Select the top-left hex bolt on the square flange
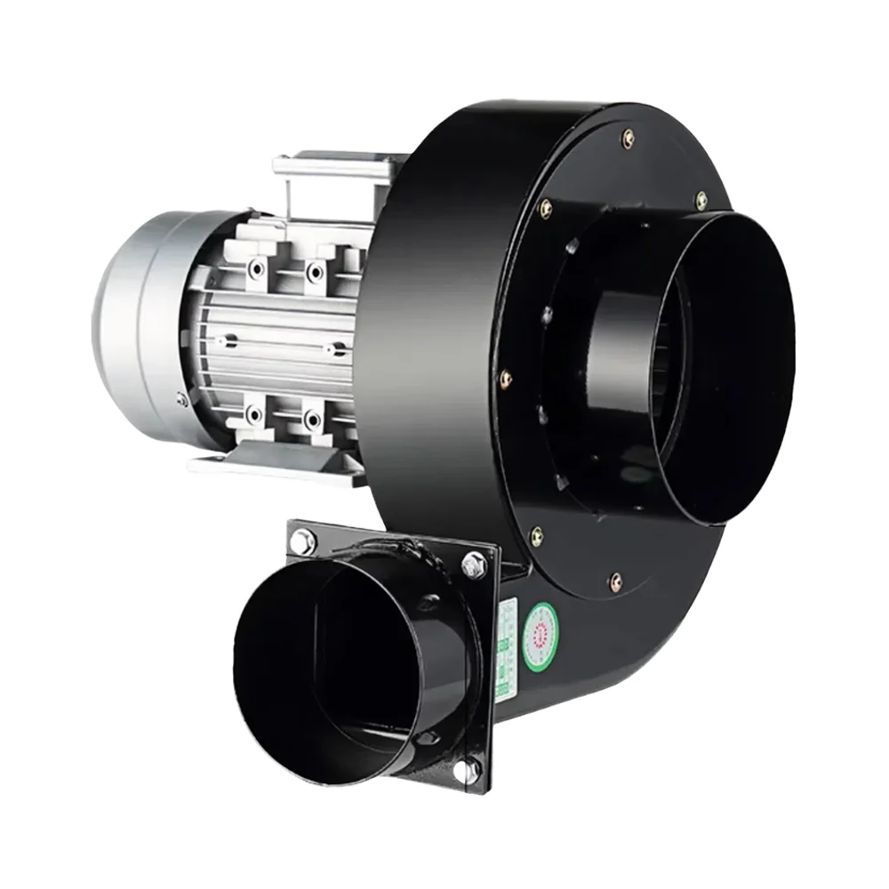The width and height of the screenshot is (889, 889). point(303,540)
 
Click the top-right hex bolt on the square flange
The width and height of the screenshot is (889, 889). point(473,564)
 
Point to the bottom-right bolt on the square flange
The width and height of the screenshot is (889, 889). point(466,770)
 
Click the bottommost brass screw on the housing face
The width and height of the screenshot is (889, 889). point(615,582)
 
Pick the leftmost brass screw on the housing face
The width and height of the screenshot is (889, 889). point(507,378)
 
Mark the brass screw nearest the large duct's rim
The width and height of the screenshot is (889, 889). point(701,200)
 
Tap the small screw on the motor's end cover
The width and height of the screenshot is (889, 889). point(183,399)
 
